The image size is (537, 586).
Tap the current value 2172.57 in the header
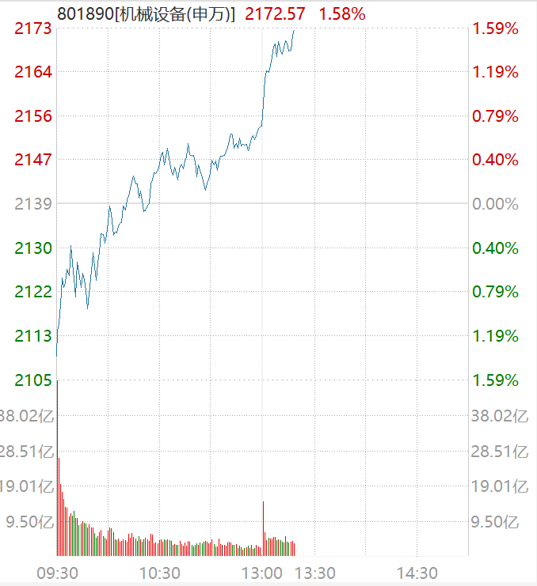276,13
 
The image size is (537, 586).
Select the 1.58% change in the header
342,13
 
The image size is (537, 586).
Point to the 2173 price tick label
33,29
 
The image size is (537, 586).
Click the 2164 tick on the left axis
33,73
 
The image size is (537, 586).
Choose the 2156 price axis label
33,116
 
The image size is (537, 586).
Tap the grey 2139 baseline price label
33,204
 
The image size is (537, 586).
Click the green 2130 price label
33,248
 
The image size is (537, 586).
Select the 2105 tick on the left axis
33,380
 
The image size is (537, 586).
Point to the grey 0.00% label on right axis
495,204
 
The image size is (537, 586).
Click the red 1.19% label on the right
495,73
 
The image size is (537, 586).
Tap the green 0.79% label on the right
495,292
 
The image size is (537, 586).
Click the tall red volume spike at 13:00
263,526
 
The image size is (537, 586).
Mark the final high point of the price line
294,31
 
